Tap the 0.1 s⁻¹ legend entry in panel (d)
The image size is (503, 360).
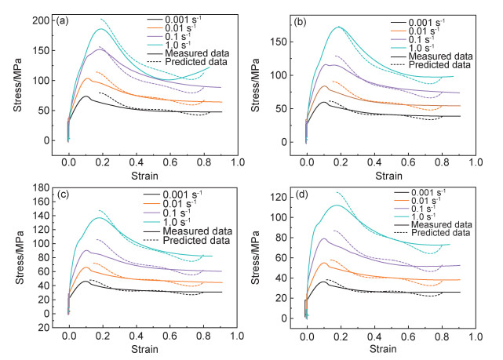[x=432, y=213]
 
